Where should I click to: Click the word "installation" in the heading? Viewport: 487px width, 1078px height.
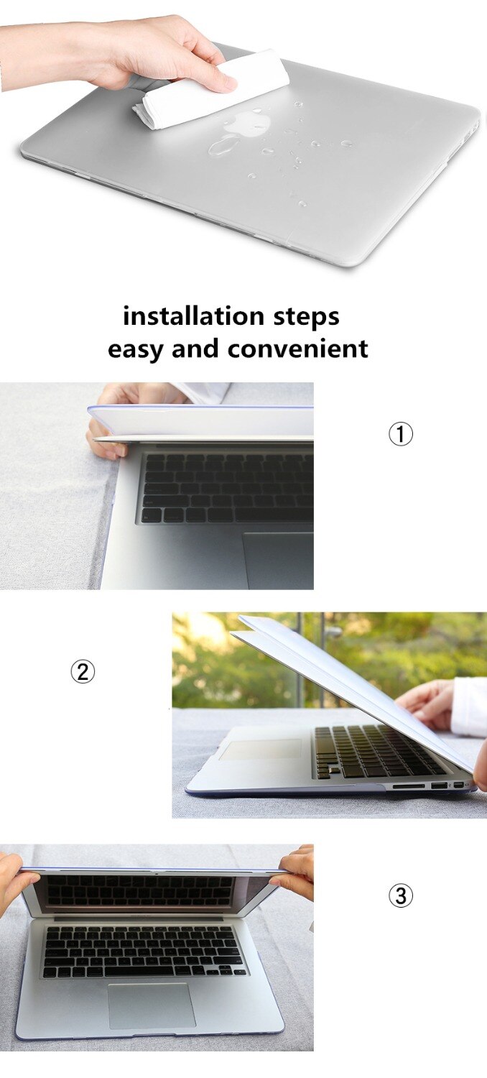coord(193,315)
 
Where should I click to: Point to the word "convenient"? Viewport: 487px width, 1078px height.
coord(298,348)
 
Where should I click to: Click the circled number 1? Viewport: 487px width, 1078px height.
coord(400,435)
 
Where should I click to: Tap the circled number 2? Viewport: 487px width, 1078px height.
coord(83,671)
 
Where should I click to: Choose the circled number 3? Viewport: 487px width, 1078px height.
coord(400,895)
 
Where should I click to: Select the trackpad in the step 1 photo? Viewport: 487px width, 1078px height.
coord(278,561)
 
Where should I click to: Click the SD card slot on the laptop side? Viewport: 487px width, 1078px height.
coord(409,786)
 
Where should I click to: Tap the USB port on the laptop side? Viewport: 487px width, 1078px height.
coord(438,786)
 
